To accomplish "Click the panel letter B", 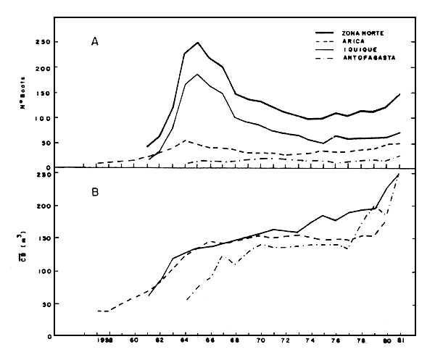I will [95, 193].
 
